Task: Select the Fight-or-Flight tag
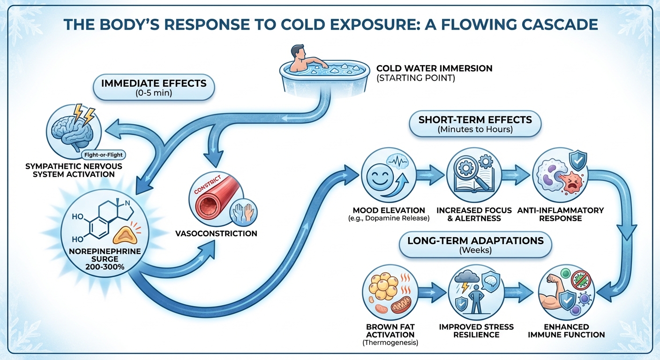(x=105, y=154)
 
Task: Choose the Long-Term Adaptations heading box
(x=475, y=245)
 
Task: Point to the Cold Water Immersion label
(x=434, y=68)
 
